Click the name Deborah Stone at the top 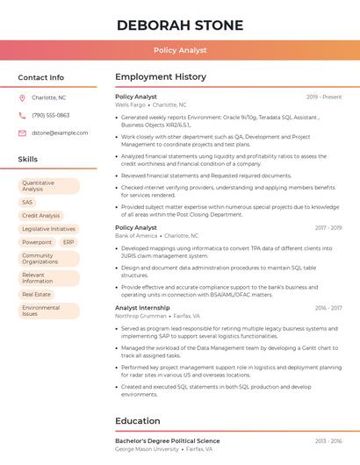point(179,24)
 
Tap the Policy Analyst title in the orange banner point(180,51)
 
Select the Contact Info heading point(41,77)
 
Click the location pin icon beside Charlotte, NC point(22,97)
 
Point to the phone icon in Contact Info point(22,115)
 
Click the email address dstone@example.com point(60,132)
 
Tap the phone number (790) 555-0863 point(50,115)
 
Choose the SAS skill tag point(27,203)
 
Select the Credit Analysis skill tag point(41,216)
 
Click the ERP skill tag point(68,242)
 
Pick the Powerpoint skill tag point(37,242)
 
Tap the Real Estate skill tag point(37,295)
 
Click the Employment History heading point(161,77)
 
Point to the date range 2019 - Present point(324,97)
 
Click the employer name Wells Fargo point(131,104)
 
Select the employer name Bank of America point(136,236)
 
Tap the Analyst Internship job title point(142,308)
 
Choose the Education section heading point(138,421)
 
